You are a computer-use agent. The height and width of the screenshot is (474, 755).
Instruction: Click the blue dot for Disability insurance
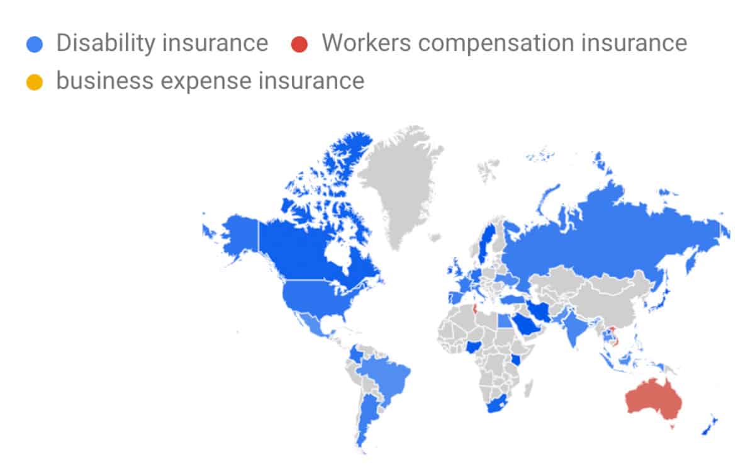click(x=35, y=44)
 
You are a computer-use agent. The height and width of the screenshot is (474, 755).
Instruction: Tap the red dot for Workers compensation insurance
click(x=299, y=44)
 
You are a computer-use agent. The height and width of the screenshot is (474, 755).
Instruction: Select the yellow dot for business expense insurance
click(x=35, y=82)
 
